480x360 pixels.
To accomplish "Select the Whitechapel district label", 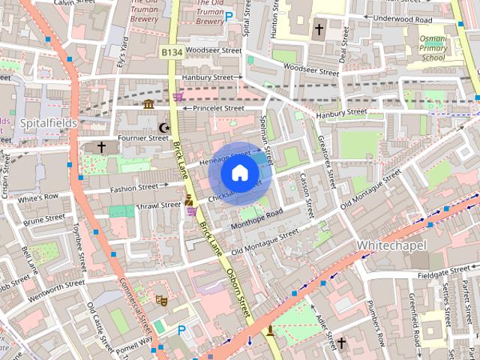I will tap(391, 246).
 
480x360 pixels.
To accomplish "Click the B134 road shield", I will tap(171, 52).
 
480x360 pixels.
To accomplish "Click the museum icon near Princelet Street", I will tap(148, 104).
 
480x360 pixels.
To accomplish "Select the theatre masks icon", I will tap(160, 301).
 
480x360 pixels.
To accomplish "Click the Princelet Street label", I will tap(218, 108).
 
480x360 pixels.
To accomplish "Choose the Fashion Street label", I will tap(134, 187).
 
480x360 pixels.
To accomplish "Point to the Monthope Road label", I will tap(256, 216).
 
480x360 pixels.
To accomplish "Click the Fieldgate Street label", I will tap(439, 271).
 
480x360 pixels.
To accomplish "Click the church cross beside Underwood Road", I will tap(319, 29).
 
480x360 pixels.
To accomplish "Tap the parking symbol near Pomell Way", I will tap(181, 330).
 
